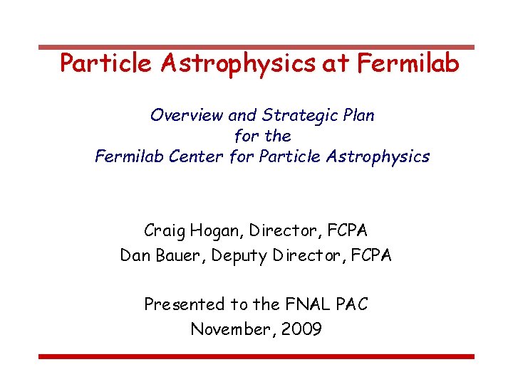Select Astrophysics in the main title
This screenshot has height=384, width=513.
(x=238, y=64)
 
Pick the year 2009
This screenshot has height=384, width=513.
(x=301, y=329)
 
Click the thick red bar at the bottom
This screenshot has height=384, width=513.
(x=256, y=356)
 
